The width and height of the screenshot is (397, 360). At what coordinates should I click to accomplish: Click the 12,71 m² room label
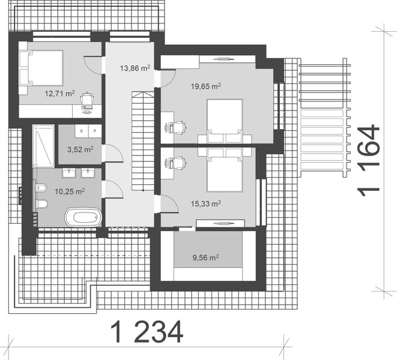[x=59, y=94]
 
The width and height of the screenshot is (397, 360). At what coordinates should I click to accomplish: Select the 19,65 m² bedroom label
[x=205, y=86]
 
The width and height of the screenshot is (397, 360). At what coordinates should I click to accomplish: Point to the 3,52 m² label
[x=80, y=149]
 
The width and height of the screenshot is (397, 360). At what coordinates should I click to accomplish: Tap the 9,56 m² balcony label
[x=205, y=258]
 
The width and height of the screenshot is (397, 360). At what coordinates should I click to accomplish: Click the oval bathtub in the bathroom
[x=83, y=216]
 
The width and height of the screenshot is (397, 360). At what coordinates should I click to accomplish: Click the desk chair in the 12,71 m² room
[x=88, y=100]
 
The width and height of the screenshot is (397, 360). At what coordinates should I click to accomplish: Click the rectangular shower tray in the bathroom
[x=44, y=145]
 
